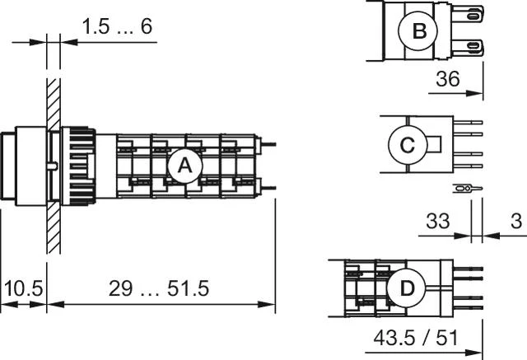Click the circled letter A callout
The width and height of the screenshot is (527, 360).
[x=184, y=166]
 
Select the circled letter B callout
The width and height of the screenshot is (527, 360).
[x=419, y=31]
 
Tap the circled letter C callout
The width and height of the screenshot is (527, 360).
[x=407, y=145]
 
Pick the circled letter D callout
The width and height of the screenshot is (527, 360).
[x=407, y=288]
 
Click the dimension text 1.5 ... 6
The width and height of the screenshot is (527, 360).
[x=117, y=26]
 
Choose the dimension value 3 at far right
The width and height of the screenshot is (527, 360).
[x=515, y=220]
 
